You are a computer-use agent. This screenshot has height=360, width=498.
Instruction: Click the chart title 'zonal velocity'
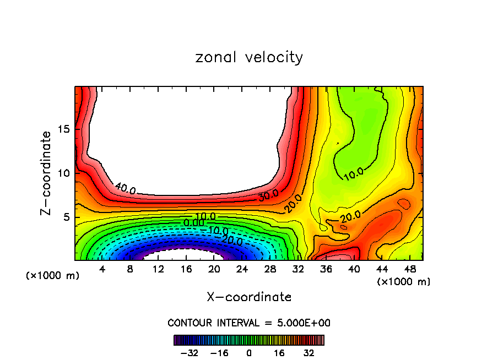pyautogui.click(x=249, y=57)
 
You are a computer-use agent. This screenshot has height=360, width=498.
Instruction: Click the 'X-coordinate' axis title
pyautogui.click(x=249, y=297)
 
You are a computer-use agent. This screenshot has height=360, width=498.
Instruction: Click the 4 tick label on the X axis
pyautogui.click(x=102, y=269)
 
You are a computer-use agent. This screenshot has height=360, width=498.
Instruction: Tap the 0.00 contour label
pyautogui.click(x=194, y=222)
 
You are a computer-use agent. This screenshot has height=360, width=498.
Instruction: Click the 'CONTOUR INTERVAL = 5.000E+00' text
pyautogui.click(x=249, y=323)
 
